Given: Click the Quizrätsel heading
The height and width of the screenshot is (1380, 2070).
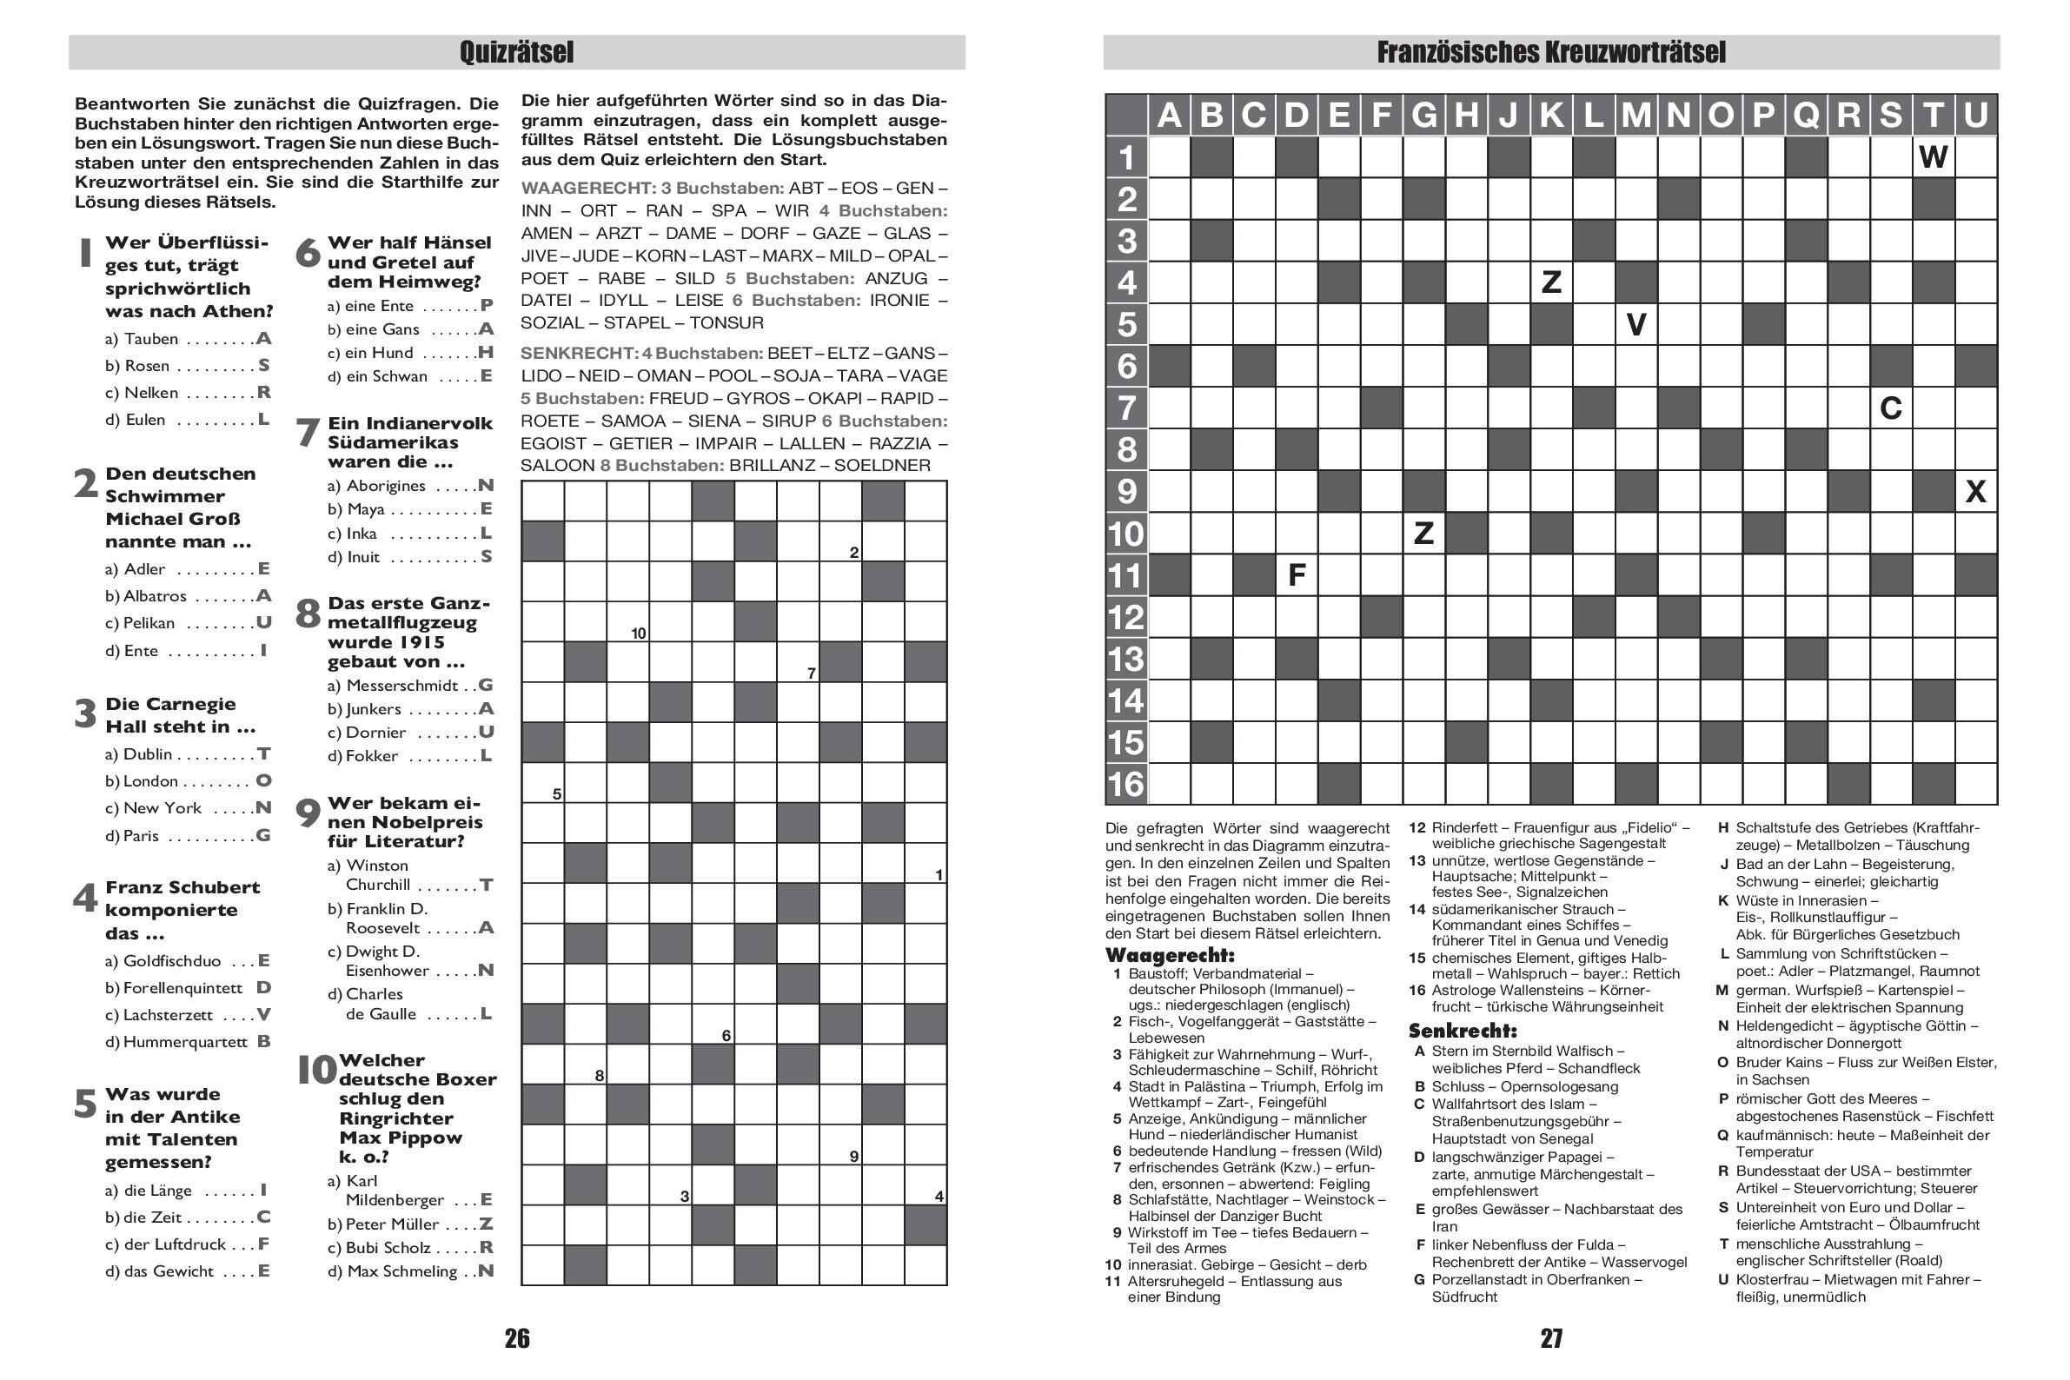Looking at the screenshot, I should (516, 52).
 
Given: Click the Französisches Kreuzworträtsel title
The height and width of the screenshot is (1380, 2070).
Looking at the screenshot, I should (1550, 52).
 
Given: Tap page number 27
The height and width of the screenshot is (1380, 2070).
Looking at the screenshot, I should (1550, 1338).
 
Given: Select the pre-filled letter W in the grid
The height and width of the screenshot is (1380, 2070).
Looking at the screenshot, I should (1933, 157).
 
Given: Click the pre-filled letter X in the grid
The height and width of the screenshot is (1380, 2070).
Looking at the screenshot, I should (1975, 491).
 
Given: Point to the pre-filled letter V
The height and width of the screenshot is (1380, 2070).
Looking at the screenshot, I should (1635, 325).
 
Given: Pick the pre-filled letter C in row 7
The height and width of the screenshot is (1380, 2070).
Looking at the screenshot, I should (1890, 408).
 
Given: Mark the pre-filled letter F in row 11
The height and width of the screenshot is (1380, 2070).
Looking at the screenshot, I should (1296, 575).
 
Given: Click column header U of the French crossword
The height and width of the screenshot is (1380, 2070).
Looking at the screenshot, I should (1975, 116).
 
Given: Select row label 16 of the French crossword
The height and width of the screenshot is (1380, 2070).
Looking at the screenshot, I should (1126, 784).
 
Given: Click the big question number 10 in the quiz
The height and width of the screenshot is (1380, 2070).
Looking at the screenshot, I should (317, 1071).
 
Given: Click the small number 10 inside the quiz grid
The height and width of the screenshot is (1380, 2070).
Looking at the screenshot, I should (638, 633).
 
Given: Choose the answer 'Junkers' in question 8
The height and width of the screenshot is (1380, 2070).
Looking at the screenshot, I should (374, 708).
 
